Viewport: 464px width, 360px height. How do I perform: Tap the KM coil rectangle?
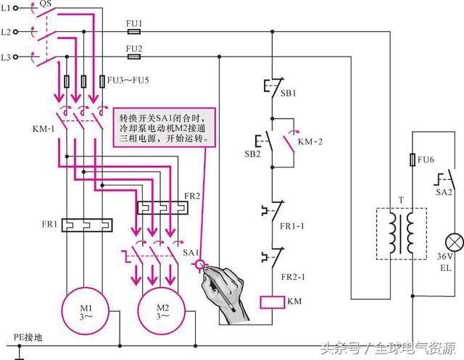(270, 301)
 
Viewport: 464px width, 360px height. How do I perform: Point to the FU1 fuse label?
(134, 23)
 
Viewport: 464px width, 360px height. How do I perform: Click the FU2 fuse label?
(134, 49)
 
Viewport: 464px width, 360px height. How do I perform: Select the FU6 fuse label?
(428, 158)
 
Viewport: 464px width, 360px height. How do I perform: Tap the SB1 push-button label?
(289, 93)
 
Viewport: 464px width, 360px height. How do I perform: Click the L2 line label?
(7, 33)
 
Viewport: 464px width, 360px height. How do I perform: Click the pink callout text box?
(165, 125)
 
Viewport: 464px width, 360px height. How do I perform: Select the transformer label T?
(401, 200)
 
